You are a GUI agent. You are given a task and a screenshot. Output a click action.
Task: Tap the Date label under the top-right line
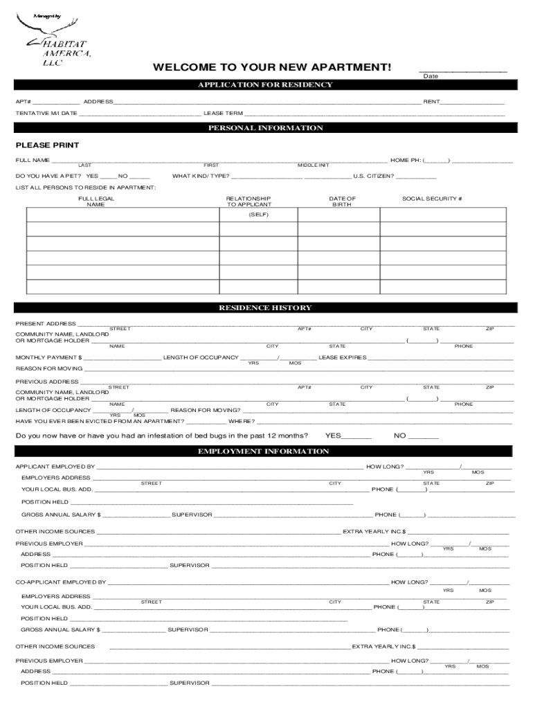[x=431, y=76]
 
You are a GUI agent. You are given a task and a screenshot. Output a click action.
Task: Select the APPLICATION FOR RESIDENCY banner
[x=266, y=85]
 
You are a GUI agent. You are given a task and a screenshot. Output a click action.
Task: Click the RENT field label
[x=432, y=102]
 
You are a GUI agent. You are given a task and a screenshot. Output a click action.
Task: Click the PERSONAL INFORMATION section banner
[x=266, y=128]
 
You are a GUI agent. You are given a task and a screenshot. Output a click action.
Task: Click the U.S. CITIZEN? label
[x=374, y=176]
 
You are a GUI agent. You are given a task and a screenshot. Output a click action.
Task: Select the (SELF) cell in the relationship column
[x=258, y=215]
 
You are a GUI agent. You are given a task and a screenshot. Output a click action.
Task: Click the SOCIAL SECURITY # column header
[x=432, y=199]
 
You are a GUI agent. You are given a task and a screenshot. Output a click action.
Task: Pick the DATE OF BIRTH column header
[x=342, y=201]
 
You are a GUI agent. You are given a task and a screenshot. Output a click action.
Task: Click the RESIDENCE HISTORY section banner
[x=266, y=307]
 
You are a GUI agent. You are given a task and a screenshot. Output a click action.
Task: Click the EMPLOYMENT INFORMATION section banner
[x=266, y=451]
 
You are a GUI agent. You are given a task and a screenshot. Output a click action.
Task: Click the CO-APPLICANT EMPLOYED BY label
[x=61, y=582]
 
